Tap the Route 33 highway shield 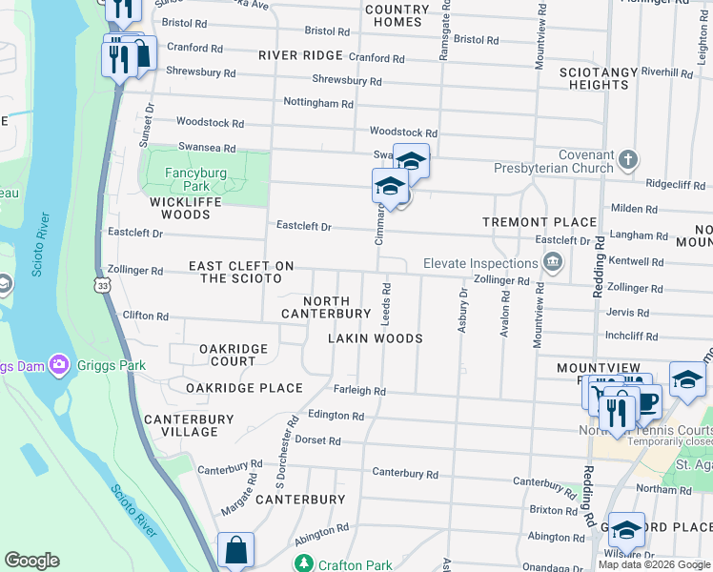[102, 285]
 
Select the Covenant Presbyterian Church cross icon [628, 159]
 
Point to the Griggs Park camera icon [59, 364]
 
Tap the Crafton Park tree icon [303, 563]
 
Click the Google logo [31, 561]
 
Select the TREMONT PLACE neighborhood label [540, 222]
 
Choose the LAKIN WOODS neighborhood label [375, 338]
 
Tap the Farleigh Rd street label [359, 391]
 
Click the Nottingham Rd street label [318, 103]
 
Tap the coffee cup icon [646, 400]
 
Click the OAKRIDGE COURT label [220, 356]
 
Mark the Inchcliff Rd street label [634, 336]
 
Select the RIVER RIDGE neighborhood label [300, 55]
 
